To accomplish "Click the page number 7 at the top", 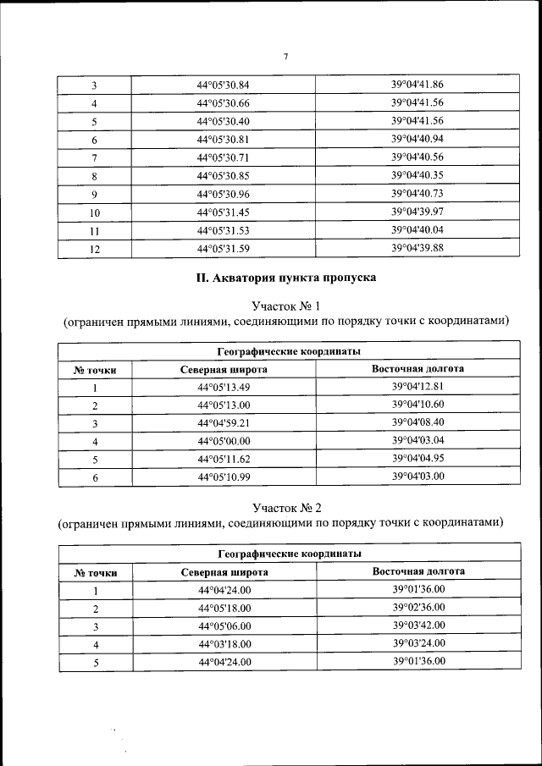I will (x=286, y=57).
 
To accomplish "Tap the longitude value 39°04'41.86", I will (x=418, y=84).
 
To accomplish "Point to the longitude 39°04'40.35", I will (x=418, y=175).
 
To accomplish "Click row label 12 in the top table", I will (x=95, y=249).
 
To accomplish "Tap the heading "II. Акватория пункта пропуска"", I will (x=286, y=278).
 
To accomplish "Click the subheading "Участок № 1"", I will (x=286, y=305).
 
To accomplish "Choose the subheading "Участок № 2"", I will (x=286, y=507).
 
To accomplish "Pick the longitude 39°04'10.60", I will (x=418, y=405).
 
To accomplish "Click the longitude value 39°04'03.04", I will (x=418, y=440).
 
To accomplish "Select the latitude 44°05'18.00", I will (x=224, y=609).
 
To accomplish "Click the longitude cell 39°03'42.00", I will (x=418, y=625).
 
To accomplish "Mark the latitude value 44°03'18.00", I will (x=224, y=644).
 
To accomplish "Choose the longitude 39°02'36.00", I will (x=418, y=608).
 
